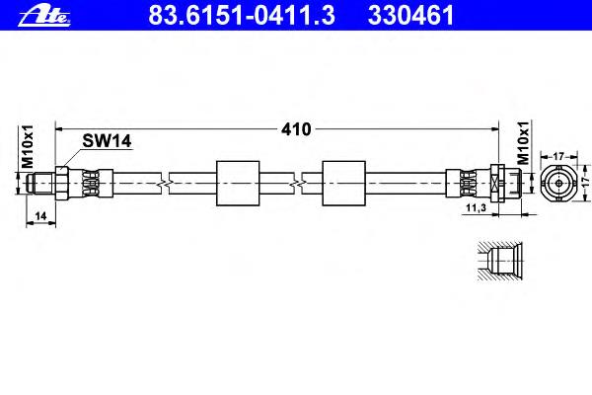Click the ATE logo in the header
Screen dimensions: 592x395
click(44, 16)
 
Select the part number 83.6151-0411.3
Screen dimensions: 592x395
click(242, 16)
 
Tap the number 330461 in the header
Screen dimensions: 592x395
click(410, 16)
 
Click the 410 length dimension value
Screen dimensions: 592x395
click(296, 129)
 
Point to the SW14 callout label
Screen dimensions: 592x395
click(107, 141)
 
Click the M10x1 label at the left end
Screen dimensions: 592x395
click(28, 147)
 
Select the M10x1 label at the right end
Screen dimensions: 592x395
click(523, 143)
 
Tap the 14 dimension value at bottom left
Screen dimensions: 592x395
click(40, 216)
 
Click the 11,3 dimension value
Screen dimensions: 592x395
click(477, 207)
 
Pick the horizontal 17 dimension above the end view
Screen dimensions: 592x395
click(558, 156)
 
